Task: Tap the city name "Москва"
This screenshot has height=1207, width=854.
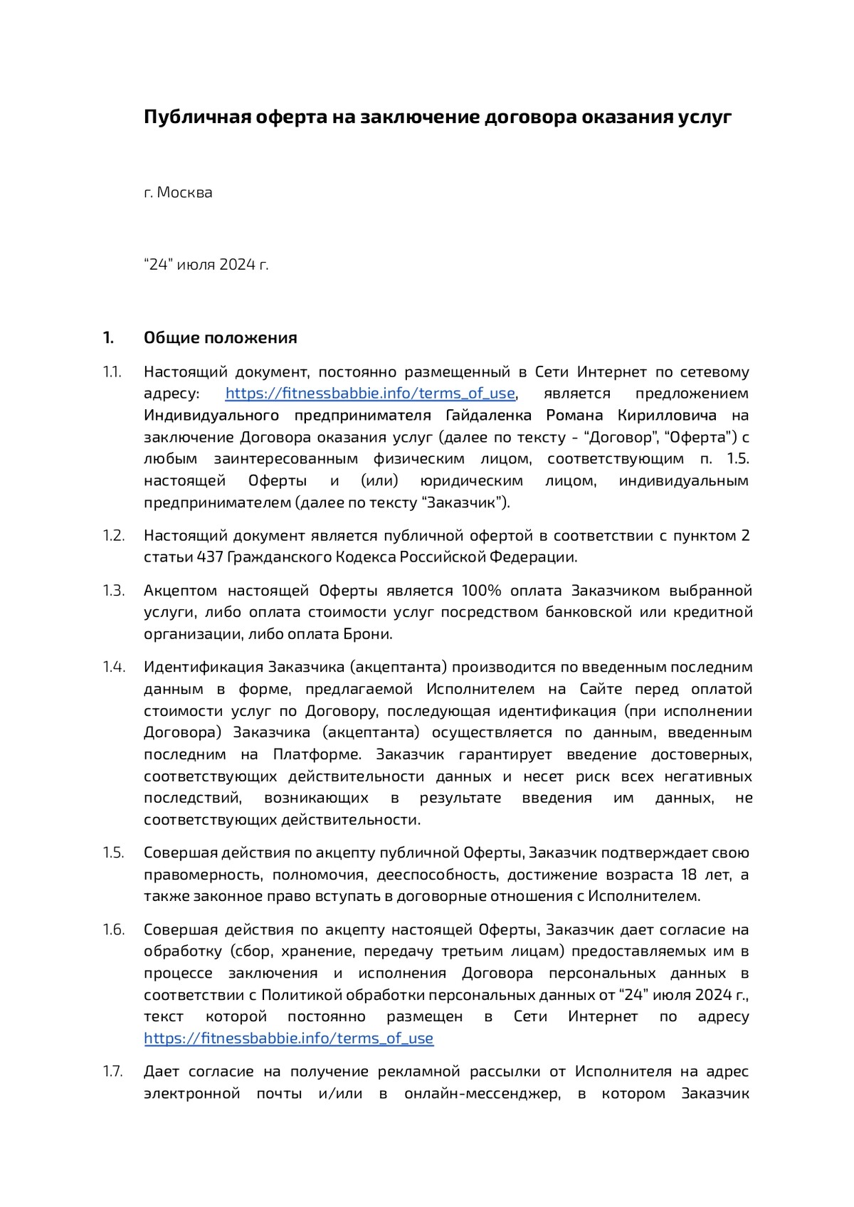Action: (184, 192)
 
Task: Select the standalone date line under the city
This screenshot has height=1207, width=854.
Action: (206, 265)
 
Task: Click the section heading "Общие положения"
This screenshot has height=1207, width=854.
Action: (221, 337)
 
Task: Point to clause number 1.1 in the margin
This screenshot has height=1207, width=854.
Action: (112, 371)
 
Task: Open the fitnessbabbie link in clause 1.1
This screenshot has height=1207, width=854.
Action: (370, 394)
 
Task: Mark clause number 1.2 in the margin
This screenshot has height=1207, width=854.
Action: (114, 535)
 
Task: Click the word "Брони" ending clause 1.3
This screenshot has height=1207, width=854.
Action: (367, 634)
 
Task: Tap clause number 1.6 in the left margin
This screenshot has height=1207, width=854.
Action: (114, 929)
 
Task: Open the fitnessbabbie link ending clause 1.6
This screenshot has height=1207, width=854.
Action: (288, 1038)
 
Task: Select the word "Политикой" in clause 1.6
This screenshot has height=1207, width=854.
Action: (297, 994)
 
